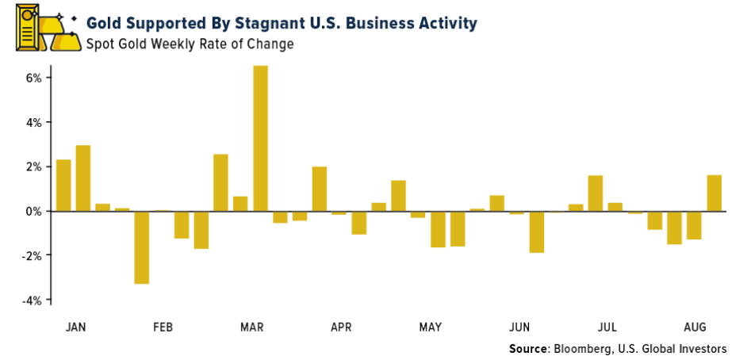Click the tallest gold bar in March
(x=260, y=138)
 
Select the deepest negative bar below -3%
(x=142, y=247)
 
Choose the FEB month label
(x=163, y=327)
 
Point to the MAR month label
(x=252, y=327)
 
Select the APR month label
(x=341, y=327)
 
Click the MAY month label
(x=431, y=327)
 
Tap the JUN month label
(x=519, y=327)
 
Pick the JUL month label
(x=607, y=327)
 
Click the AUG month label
(x=695, y=327)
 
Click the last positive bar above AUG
(x=714, y=193)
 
